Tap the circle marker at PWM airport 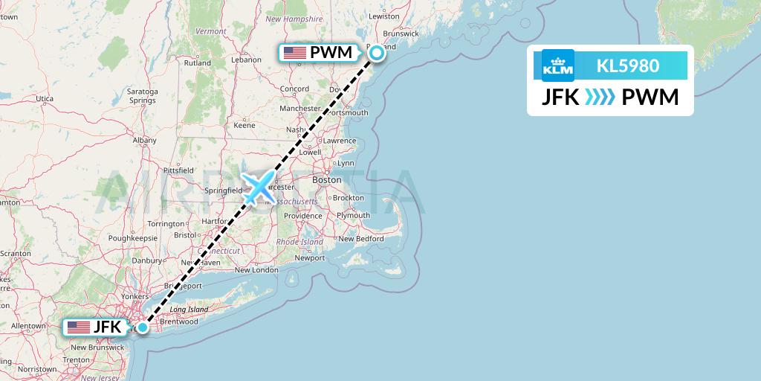pos(377,52)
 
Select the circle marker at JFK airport pos(142,327)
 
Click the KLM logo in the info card pos(557,65)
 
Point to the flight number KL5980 pos(628,65)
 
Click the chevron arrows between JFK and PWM pos(600,97)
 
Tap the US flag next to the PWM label pos(295,53)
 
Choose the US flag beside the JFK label pos(77,327)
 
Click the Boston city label pos(326,180)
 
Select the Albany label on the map pos(144,140)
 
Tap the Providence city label pos(302,216)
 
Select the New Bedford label pos(360,239)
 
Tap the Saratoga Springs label pos(142,95)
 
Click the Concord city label pos(294,89)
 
